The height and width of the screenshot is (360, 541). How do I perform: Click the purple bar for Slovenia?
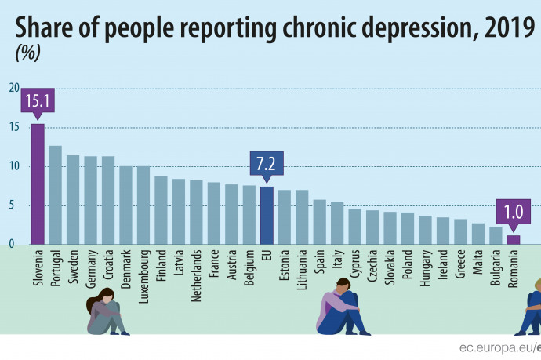[37, 184]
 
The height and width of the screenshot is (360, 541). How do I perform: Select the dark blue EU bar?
[267, 216]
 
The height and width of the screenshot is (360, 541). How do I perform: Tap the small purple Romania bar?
[513, 240]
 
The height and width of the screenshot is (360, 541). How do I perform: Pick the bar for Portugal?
[55, 195]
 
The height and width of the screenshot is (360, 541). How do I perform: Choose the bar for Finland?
[161, 210]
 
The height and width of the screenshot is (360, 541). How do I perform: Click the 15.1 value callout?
[38, 101]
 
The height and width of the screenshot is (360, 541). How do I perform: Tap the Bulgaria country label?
[496, 267]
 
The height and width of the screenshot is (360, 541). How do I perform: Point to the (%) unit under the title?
[28, 54]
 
